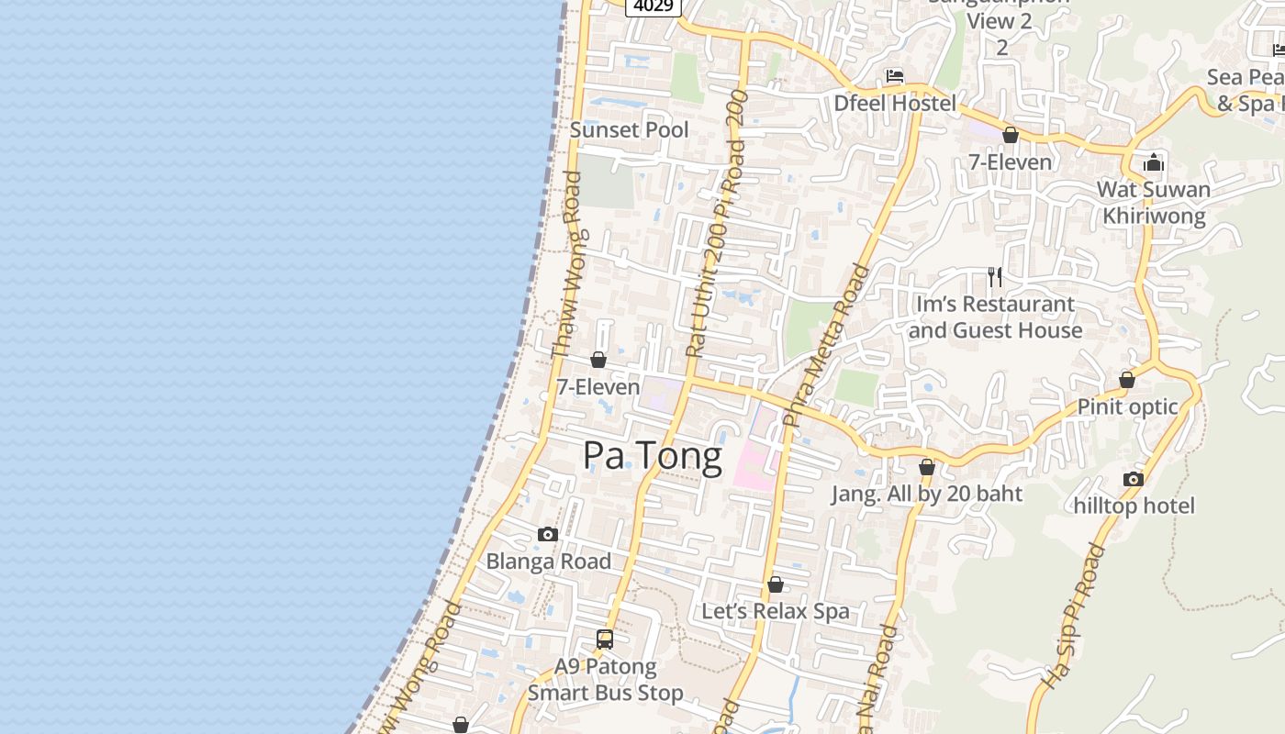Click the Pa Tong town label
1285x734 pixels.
point(653,456)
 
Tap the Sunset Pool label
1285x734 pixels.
point(629,129)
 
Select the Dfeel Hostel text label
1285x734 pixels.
point(894,103)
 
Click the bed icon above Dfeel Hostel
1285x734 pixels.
point(895,76)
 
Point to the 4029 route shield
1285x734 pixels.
point(653,6)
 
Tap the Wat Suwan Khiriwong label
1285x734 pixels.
point(1154,203)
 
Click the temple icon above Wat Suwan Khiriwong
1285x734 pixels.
point(1154,163)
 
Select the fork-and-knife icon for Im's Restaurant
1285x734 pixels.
point(995,276)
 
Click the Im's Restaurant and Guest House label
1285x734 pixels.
point(995,317)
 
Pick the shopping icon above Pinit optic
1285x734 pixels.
point(1127,380)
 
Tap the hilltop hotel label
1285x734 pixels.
point(1134,506)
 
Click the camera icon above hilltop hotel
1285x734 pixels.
point(1134,479)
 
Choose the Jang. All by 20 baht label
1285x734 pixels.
point(926,494)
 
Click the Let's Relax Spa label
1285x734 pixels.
point(776,611)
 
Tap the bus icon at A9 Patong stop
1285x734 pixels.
point(605,639)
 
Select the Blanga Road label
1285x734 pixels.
point(548,561)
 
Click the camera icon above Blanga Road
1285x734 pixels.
point(548,534)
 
